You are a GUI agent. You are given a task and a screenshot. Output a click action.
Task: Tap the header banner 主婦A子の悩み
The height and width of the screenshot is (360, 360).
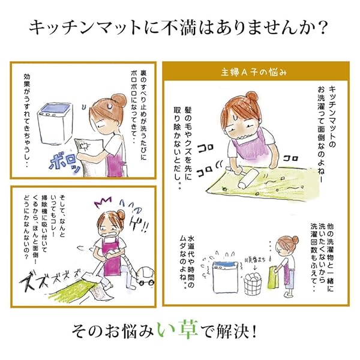[256, 72]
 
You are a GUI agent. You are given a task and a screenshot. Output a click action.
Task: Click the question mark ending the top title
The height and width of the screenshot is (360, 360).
[322, 28]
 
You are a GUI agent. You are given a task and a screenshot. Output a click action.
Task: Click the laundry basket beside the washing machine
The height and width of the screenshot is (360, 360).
[253, 284]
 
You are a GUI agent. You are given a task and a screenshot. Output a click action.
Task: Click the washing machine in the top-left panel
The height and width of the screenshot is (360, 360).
[55, 124]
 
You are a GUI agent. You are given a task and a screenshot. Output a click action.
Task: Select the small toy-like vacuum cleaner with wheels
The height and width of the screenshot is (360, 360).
[145, 277]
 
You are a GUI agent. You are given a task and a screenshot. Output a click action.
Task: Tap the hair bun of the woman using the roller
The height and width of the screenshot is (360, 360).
[252, 97]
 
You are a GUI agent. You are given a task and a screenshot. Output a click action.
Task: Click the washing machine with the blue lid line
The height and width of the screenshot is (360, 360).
[224, 277]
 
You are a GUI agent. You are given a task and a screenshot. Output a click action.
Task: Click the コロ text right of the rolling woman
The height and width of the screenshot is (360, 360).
[290, 158]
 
